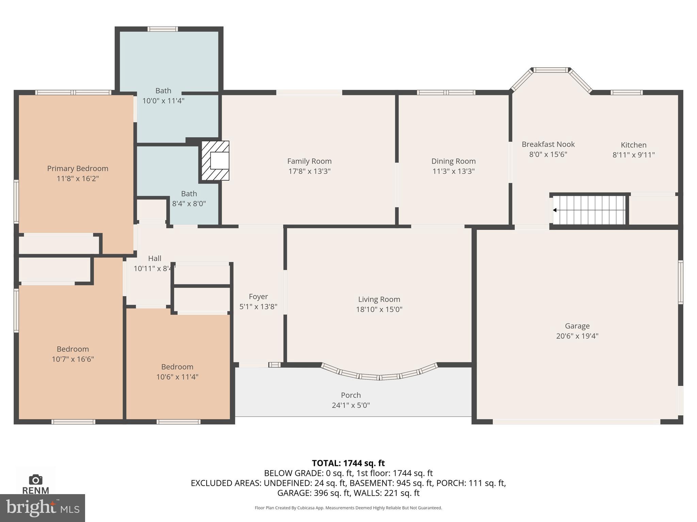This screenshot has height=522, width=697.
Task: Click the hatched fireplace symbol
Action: (x=215, y=160)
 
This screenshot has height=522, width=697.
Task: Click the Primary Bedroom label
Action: (x=78, y=168)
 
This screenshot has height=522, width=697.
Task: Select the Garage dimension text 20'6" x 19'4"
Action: (x=577, y=336)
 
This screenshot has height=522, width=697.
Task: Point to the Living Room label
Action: (x=379, y=299)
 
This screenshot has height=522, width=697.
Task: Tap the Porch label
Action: (x=351, y=395)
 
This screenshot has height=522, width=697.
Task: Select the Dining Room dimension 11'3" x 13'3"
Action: (x=453, y=171)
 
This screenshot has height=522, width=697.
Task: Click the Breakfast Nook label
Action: (x=548, y=144)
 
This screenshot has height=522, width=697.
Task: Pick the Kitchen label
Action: (x=633, y=145)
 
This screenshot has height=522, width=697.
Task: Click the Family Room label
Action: (x=309, y=161)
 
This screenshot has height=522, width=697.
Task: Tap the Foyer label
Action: (x=258, y=296)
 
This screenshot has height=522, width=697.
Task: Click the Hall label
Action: (x=155, y=258)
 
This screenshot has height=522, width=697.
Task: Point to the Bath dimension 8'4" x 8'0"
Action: (x=189, y=204)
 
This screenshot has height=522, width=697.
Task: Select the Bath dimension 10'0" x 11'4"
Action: (x=163, y=101)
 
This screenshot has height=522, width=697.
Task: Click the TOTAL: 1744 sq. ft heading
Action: (x=348, y=463)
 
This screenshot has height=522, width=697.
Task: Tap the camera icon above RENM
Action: (x=35, y=480)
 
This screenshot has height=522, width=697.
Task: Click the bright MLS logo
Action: (x=42, y=508)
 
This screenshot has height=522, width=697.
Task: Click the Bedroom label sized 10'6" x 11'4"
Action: (x=177, y=367)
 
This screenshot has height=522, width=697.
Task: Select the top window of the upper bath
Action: (x=163, y=29)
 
